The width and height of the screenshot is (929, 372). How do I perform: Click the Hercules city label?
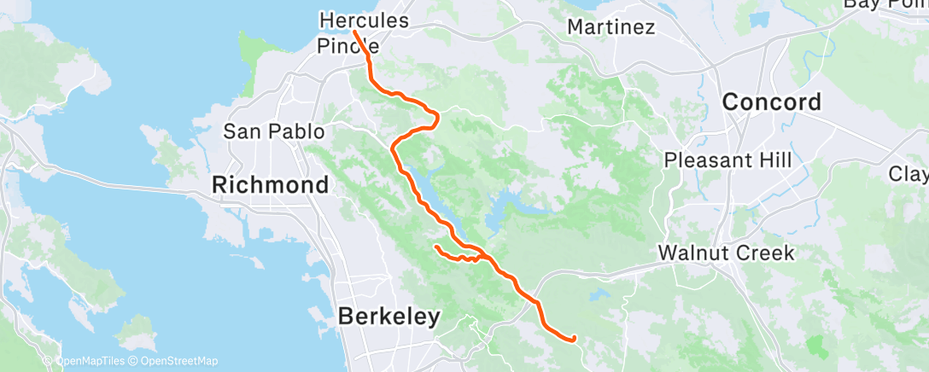[x=364, y=19]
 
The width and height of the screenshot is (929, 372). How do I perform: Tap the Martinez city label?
[x=611, y=26]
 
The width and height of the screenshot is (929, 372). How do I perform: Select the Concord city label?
[x=772, y=102]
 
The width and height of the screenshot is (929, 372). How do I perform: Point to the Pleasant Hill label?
[x=727, y=160]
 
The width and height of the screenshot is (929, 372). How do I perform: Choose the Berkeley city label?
[x=389, y=317]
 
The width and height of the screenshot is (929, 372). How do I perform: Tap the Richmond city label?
[x=271, y=184]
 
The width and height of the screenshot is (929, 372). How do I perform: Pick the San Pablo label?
[x=274, y=131]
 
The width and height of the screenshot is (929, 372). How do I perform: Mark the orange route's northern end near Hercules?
[x=353, y=32]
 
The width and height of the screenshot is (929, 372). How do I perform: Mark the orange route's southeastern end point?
[x=572, y=339]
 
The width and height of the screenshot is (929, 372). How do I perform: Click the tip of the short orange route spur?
[x=436, y=247]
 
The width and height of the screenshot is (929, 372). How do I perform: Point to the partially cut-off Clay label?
[x=909, y=174]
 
